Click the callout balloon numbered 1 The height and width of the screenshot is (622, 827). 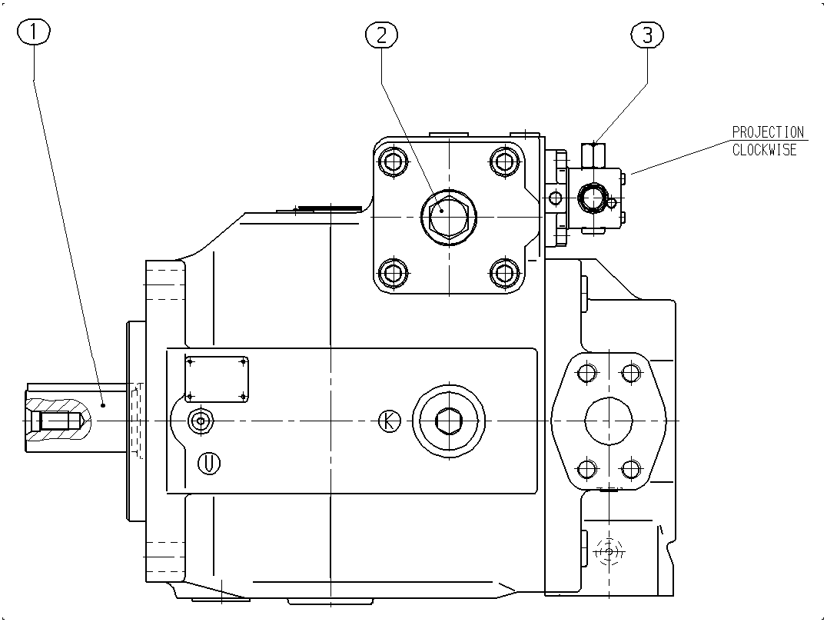point(34,32)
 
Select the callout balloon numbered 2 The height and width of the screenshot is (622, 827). point(381,35)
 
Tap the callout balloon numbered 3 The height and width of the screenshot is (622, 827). point(647,35)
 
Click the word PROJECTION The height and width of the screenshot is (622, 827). point(768,132)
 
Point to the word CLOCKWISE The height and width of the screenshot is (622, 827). point(764,150)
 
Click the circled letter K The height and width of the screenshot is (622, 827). point(390,421)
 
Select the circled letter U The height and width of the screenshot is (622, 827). point(209,463)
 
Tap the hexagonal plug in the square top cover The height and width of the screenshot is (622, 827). point(448,216)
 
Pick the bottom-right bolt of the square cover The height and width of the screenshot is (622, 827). point(504,273)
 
